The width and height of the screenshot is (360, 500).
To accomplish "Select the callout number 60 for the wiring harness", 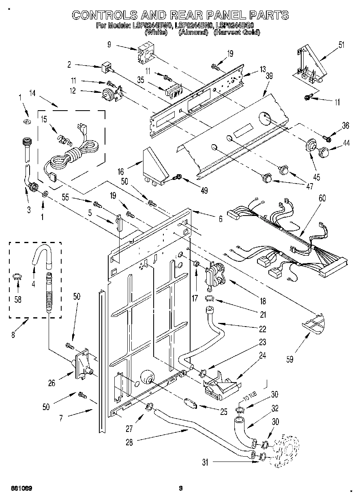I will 322,198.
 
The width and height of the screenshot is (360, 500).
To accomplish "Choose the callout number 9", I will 109,45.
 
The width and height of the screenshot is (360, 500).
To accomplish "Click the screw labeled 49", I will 178,177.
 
